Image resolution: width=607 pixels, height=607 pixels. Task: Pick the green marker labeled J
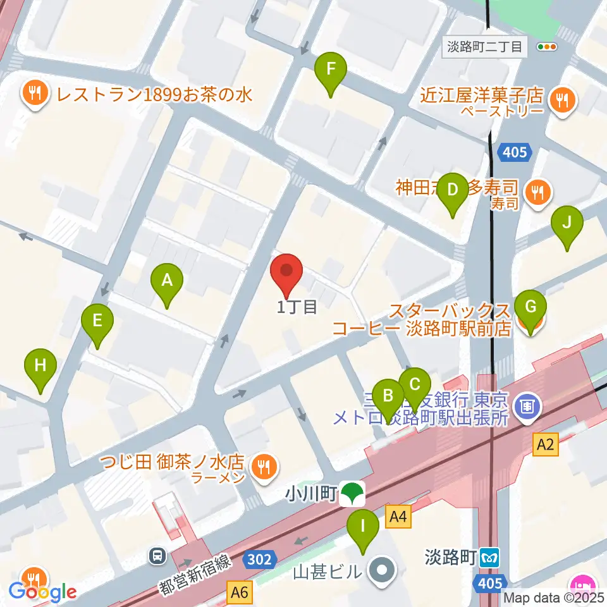(567, 223)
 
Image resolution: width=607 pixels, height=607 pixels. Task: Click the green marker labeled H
(40, 365)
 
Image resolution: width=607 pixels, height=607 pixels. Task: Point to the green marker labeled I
(363, 526)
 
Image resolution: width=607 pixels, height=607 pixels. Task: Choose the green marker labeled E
(97, 321)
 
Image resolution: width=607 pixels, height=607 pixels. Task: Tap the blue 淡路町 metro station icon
(489, 558)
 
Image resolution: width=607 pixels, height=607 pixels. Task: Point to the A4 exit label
(398, 518)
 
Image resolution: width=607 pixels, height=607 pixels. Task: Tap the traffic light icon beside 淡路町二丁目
(547, 46)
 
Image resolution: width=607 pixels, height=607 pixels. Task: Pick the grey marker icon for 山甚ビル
(381, 572)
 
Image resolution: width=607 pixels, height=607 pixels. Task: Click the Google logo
(43, 592)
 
